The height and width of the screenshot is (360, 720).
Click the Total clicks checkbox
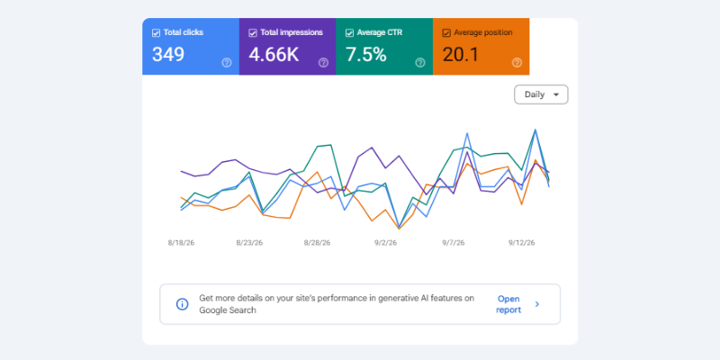(156, 33)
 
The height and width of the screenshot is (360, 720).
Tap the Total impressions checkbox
(253, 33)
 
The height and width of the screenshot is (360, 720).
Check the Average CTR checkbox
(349, 33)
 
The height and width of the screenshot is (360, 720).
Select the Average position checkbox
(446, 33)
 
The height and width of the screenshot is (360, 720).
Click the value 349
(168, 55)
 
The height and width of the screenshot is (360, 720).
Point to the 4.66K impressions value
(274, 55)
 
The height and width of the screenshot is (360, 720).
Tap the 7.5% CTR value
(366, 55)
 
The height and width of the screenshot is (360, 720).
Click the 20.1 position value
(461, 55)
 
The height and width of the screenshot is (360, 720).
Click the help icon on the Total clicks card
(227, 63)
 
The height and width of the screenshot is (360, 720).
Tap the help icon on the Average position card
(517, 63)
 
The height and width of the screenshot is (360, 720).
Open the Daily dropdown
(541, 94)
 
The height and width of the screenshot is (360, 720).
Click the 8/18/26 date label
(181, 243)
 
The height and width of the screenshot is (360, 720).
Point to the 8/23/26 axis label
(249, 243)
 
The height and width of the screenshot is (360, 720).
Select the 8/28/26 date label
(317, 243)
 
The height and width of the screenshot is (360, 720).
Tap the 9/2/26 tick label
(385, 243)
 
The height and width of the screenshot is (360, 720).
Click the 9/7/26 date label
(454, 243)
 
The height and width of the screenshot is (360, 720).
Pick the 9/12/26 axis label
(522, 243)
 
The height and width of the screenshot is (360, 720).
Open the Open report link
(508, 304)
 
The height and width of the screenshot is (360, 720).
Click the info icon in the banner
(183, 304)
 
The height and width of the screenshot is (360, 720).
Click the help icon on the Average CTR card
(420, 63)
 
